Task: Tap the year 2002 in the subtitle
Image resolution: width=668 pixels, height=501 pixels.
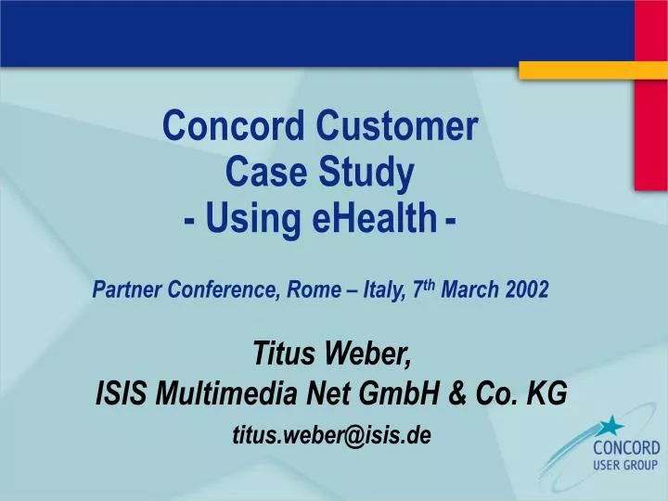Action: coord(527,290)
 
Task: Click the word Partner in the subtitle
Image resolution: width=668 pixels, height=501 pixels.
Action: coord(127,290)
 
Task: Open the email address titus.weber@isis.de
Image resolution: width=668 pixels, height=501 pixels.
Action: coord(331,435)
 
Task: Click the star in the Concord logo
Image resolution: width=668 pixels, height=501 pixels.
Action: coord(610,427)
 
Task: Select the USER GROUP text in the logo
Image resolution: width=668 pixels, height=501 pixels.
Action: coord(626,466)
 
